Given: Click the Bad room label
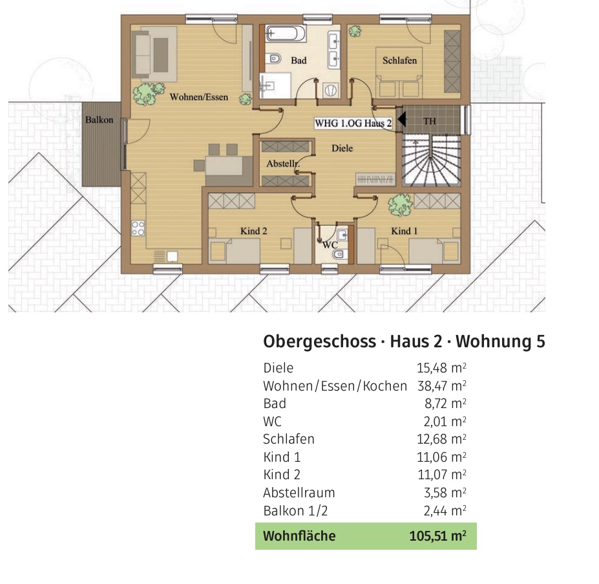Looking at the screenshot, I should click(299, 60).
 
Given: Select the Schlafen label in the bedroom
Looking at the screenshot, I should click(399, 60).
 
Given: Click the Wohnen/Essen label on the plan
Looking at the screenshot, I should click(199, 97).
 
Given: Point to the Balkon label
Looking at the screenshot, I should click(99, 120).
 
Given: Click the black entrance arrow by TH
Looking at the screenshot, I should click(401, 119).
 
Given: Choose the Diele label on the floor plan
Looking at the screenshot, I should click(342, 148).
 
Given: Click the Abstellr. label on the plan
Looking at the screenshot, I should click(283, 164).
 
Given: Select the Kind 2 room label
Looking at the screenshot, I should click(253, 231).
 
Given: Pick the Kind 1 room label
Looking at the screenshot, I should click(405, 231).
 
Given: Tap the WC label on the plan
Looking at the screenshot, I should click(330, 245).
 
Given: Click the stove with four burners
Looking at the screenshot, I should click(138, 227).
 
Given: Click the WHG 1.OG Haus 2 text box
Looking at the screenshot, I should click(353, 123).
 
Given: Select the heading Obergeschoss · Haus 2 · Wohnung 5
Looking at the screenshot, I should click(404, 341).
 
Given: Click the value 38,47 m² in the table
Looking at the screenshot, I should click(441, 386).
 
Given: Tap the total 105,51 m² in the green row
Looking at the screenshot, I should click(437, 535).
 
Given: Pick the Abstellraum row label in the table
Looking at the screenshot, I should click(299, 492).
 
